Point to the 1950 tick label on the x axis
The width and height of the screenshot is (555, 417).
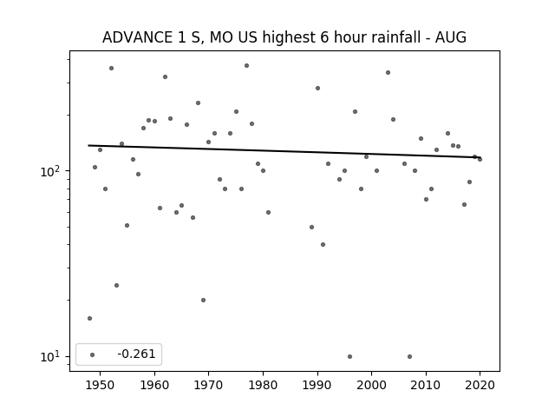(x=101, y=385)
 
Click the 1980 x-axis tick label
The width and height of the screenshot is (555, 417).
(x=263, y=385)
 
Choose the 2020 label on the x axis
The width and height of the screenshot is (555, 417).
(x=480, y=385)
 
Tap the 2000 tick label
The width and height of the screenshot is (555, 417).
(x=372, y=385)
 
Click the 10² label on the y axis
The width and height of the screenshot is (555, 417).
(x=49, y=171)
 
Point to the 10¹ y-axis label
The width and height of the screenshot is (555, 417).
(x=49, y=357)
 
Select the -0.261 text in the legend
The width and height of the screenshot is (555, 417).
(x=136, y=354)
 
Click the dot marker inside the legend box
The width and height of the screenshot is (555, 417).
(x=93, y=354)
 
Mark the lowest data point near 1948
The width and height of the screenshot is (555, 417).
(x=90, y=319)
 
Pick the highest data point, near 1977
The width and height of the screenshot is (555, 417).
(x=246, y=66)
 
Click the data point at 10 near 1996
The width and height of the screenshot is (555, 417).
(x=349, y=356)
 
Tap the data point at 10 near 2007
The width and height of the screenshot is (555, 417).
(x=409, y=356)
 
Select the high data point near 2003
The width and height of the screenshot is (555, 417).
(x=388, y=72)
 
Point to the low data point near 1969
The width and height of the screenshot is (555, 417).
(x=203, y=300)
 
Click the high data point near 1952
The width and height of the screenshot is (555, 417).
(x=112, y=68)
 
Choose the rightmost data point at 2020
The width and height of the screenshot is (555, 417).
(x=480, y=159)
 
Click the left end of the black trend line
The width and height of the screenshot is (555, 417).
(x=88, y=145)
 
